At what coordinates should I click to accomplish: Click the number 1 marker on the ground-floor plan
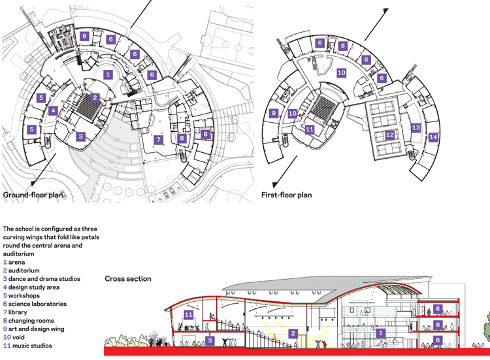[x=108, y=74]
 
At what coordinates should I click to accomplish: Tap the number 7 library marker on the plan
[x=159, y=139]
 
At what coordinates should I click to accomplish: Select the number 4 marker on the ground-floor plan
[x=54, y=110]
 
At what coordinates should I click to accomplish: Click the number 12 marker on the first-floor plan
[x=389, y=135]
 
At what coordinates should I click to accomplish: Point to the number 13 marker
[x=416, y=127]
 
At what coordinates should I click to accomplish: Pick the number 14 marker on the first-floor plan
[x=433, y=137]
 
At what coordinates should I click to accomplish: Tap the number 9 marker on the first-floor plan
[x=274, y=113]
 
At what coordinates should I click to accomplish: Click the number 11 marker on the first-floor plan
[x=310, y=129]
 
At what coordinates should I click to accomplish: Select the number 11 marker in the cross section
[x=188, y=315]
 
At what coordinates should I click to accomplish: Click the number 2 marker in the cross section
[x=293, y=333]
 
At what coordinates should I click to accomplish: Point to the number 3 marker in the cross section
[x=210, y=340]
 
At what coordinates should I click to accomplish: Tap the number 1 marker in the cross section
[x=380, y=333]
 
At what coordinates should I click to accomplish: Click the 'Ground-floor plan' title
[x=33, y=195]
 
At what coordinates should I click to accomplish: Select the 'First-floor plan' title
[x=287, y=195]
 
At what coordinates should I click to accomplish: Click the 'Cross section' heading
[x=128, y=279]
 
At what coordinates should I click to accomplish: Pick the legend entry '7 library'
[x=15, y=312]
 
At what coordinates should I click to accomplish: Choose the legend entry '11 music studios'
[x=27, y=346]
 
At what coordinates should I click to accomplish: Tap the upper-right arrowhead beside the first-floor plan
[x=385, y=11]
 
